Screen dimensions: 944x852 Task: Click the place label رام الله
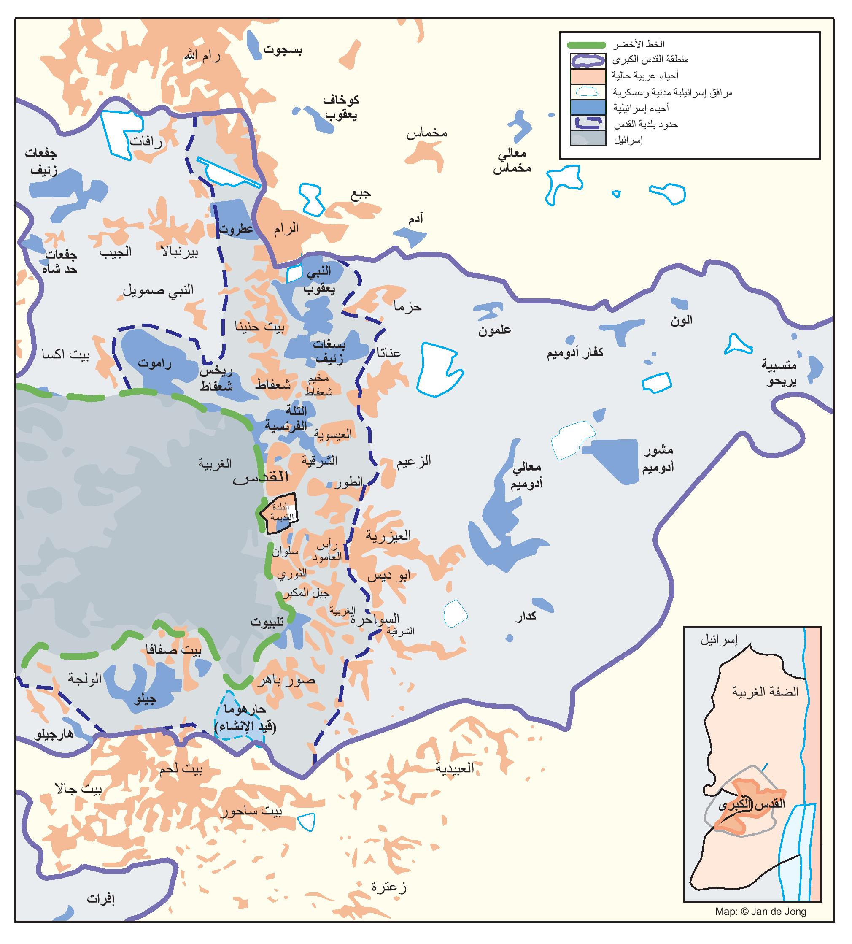(x=202, y=56)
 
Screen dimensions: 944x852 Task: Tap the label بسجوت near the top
(x=283, y=50)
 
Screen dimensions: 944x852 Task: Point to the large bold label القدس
(x=261, y=478)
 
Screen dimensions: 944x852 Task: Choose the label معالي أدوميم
(x=526, y=475)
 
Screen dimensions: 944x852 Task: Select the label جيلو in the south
(x=145, y=700)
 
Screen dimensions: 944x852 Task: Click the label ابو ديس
(x=388, y=576)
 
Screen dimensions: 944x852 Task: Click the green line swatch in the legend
(x=587, y=46)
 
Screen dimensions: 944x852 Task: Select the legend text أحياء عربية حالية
(x=644, y=76)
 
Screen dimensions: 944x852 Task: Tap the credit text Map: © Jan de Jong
(x=760, y=911)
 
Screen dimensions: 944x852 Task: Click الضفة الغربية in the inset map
(x=765, y=692)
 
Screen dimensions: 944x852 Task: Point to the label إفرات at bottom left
(x=101, y=899)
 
